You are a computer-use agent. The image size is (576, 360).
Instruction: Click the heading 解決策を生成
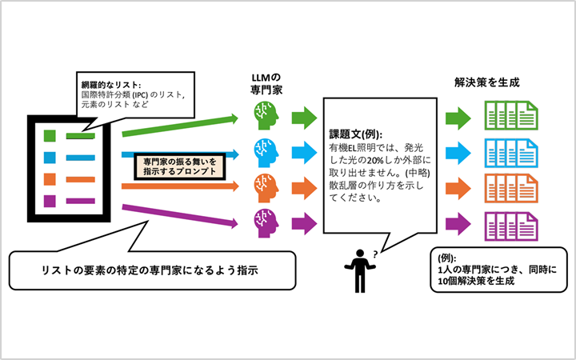coord(486,82)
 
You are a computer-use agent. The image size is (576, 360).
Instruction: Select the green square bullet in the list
coord(50,133)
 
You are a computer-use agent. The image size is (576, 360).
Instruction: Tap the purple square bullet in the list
coord(50,201)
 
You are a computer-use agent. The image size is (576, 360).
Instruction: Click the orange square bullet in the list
coord(50,178)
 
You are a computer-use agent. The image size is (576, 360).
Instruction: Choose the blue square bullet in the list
coord(50,155)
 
